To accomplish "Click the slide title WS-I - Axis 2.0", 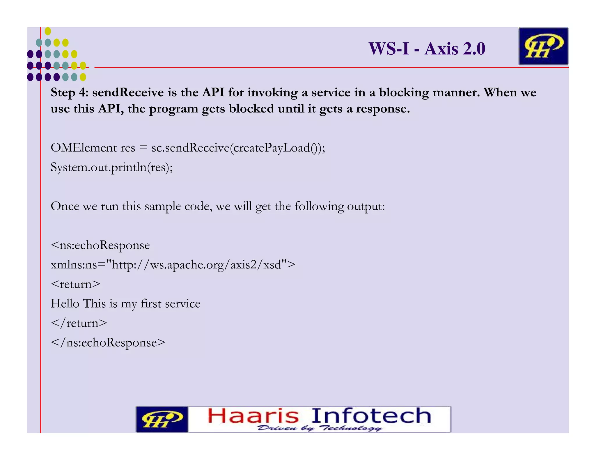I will point(427,49).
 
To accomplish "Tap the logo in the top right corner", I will point(543,46).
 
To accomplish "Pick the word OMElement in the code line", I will point(84,148).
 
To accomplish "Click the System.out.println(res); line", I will point(112,167).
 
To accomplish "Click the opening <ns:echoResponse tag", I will point(100,245).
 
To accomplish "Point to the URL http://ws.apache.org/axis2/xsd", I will point(196,265).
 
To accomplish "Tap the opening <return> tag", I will point(75,284).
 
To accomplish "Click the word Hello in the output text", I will point(65,304).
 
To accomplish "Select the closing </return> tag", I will point(79,323).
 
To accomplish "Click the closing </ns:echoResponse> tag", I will point(108,343).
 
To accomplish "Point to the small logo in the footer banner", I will point(162,420).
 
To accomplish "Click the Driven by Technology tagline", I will point(319,428).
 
